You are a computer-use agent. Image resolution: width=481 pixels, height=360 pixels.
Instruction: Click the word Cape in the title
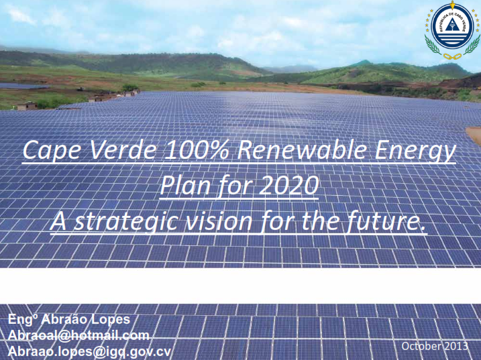52,151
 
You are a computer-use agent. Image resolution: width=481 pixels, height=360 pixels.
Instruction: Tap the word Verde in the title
123,150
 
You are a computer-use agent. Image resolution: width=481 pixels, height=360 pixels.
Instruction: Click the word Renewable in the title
302,150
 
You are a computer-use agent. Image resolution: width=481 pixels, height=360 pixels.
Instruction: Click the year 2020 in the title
288,185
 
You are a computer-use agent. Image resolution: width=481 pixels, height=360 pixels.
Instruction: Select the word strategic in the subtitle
125,222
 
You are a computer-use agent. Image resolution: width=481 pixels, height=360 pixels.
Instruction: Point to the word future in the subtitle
386,221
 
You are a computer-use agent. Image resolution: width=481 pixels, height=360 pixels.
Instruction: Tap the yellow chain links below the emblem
452,56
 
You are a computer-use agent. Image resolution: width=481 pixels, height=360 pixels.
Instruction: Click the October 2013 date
435,346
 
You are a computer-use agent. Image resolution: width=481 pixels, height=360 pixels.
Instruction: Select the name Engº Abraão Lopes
69,319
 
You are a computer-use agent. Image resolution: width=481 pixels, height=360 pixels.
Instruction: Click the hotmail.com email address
78,335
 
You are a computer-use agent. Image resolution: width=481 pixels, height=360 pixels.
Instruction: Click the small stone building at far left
27,106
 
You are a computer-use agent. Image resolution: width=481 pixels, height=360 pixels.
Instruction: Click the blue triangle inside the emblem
452,25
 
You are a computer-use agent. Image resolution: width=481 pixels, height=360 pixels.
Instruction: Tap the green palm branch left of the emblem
433,45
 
